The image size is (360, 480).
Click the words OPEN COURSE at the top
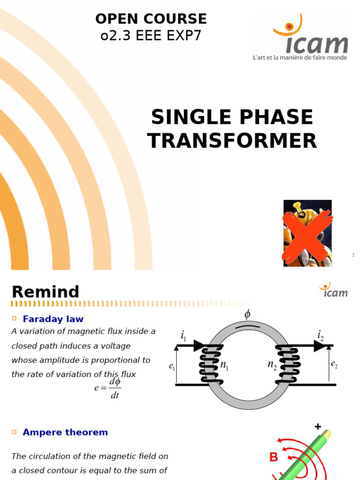tap(151, 19)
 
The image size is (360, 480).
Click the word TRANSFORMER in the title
tap(232, 141)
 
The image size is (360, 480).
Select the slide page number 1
tap(353, 255)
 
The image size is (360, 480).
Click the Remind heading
tap(45, 292)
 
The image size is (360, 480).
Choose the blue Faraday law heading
tap(53, 319)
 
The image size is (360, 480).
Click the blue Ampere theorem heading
tap(65, 432)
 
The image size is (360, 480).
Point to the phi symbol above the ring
tap(247, 314)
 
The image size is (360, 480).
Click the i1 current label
tap(183, 336)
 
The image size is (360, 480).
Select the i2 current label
tap(321, 335)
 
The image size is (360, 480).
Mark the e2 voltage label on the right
tap(334, 364)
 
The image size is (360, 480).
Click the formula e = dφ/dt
tap(108, 388)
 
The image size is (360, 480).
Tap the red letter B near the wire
tap(274, 457)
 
